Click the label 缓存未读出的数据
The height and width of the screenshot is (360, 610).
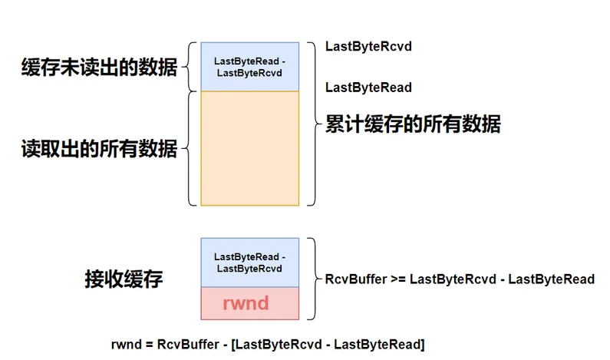(x=99, y=68)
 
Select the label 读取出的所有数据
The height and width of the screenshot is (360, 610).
(x=99, y=149)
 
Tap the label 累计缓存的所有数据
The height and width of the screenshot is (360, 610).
(x=413, y=124)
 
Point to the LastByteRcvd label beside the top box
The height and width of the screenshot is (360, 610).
(x=368, y=47)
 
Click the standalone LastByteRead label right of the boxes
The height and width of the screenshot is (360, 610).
(x=368, y=88)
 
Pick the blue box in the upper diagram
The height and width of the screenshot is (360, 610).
(x=249, y=67)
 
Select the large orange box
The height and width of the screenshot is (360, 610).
(x=249, y=148)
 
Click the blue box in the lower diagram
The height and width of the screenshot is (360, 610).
(x=249, y=263)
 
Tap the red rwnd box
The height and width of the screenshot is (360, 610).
(x=249, y=303)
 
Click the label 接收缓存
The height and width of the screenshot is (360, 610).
(x=124, y=279)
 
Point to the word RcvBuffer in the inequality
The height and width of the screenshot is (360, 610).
(x=351, y=279)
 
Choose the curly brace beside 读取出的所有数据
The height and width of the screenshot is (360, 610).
(x=186, y=148)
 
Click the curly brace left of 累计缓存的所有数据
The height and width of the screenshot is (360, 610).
(x=312, y=124)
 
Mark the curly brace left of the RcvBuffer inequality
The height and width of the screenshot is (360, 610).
(x=312, y=279)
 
